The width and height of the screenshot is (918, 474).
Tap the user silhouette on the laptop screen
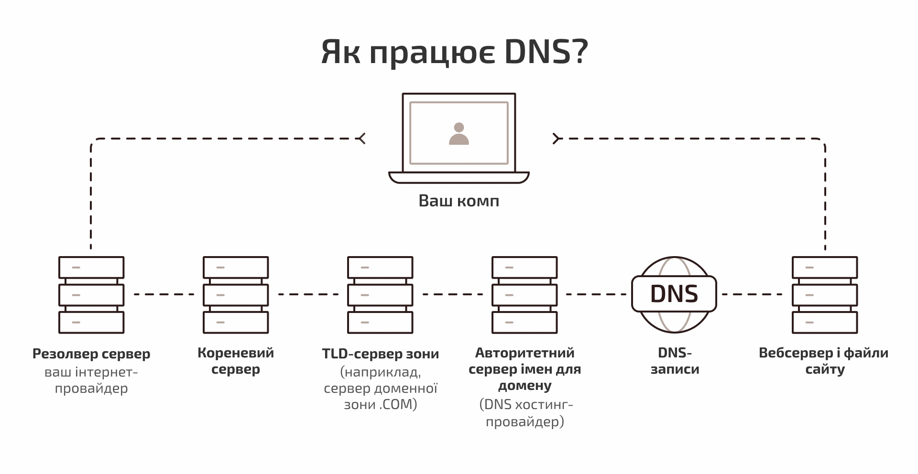[x=459, y=134]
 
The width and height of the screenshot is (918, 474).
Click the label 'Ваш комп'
[x=459, y=201]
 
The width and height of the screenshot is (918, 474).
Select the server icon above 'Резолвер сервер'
[x=91, y=295]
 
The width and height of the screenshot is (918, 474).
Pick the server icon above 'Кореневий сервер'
[x=236, y=295]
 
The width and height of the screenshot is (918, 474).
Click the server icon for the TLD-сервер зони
[x=380, y=295]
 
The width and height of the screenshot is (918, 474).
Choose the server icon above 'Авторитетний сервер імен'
[x=525, y=295]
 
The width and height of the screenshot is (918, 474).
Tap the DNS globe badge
[x=674, y=294]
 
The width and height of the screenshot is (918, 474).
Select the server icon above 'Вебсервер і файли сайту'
[x=825, y=295]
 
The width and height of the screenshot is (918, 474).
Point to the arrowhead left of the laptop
[x=362, y=139]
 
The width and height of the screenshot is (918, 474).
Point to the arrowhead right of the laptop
[x=556, y=139]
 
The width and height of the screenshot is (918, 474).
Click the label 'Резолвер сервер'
[x=91, y=354]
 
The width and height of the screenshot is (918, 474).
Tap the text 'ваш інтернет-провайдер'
[x=91, y=380]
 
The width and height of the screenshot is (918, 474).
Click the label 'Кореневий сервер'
[x=236, y=361]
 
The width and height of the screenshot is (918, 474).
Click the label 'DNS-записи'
[x=675, y=361]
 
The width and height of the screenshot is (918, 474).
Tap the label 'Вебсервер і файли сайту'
[x=824, y=361]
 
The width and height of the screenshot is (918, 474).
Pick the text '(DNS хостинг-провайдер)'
[x=525, y=413]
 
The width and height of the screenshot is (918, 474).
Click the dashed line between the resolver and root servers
[x=164, y=294]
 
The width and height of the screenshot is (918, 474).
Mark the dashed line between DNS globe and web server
[x=752, y=294]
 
